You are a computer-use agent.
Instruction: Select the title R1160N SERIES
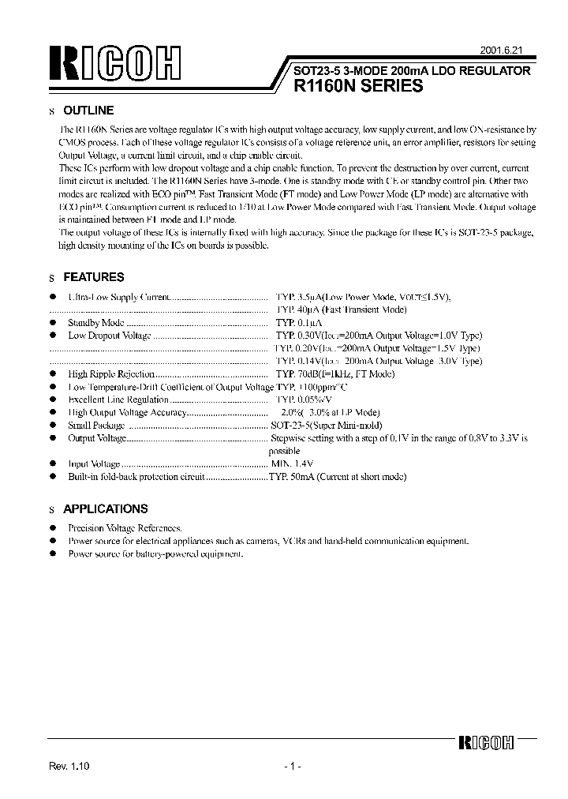coord(357,88)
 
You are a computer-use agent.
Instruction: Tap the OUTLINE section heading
coord(88,111)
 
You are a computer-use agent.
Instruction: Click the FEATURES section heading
coord(93,278)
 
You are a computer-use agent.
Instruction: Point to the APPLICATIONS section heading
coord(105,509)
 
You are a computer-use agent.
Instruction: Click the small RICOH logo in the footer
coord(486,743)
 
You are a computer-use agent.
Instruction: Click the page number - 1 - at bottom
coord(291,767)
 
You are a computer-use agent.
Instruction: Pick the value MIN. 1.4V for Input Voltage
coord(292,464)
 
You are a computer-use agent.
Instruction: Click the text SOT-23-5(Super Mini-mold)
coord(326,425)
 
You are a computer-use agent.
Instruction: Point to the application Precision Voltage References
coord(125,527)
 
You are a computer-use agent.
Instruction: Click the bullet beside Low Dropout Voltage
coord(53,335)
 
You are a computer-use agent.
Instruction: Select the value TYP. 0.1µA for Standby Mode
coord(299,323)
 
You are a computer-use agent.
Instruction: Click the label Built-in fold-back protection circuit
coord(136,477)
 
